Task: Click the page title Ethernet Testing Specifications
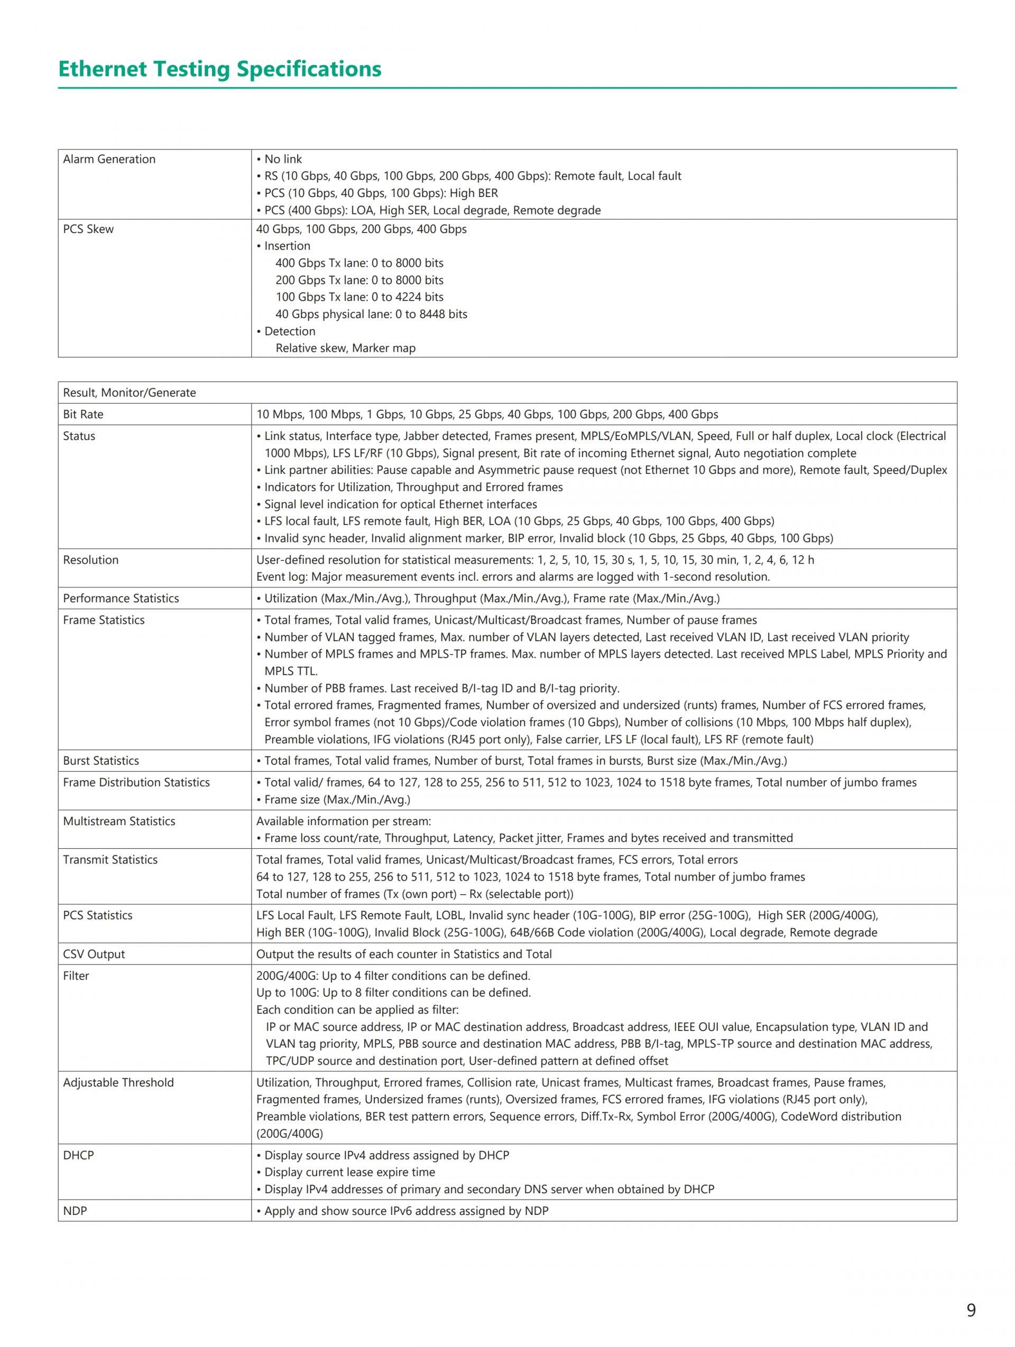pos(219,69)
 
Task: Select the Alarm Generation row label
pos(109,160)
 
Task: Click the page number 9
pos(971,1310)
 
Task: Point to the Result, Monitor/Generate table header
pos(129,393)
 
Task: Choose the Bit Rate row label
pos(83,415)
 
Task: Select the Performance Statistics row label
pos(121,598)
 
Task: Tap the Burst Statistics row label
pos(100,761)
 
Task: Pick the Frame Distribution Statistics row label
pos(136,782)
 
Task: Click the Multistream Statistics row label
pos(119,821)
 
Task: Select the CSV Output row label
pos(93,954)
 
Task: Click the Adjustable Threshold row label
pos(118,1083)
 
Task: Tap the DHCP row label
pos(79,1156)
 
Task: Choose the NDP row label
pos(75,1211)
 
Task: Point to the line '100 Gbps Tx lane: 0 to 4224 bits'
pos(359,297)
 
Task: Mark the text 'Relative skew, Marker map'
pos(345,348)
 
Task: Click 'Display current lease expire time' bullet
pos(350,1172)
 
